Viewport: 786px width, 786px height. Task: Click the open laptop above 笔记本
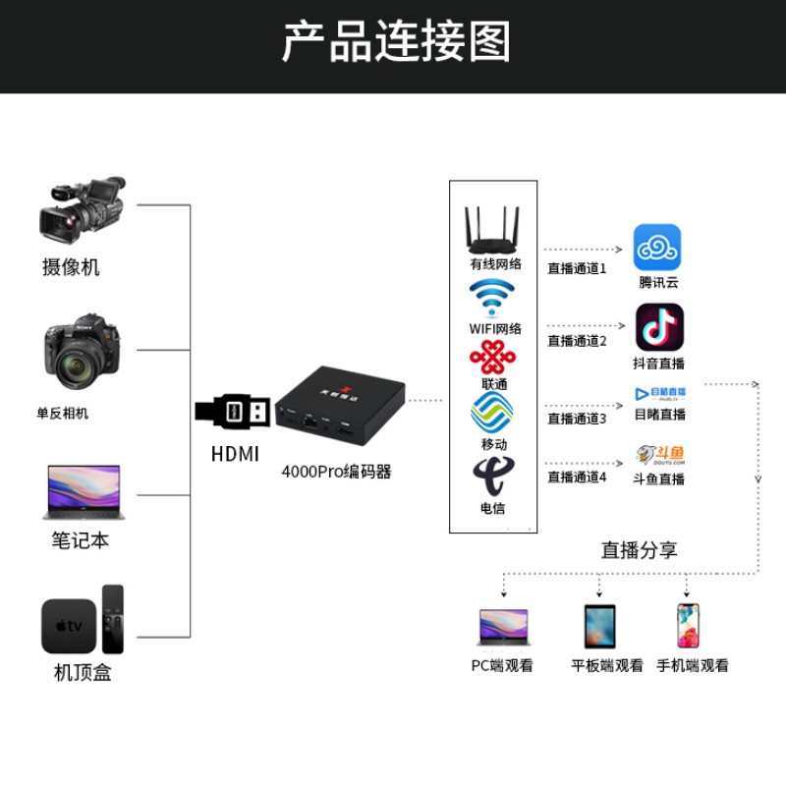click(x=81, y=492)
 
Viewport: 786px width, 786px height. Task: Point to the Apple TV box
click(x=70, y=625)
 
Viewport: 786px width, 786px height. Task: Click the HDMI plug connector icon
click(x=233, y=412)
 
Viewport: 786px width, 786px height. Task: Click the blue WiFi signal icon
click(x=492, y=298)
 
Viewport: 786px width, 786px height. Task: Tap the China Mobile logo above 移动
click(x=492, y=413)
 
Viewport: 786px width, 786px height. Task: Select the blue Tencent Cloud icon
click(x=657, y=247)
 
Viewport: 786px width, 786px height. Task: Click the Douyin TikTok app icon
click(x=659, y=327)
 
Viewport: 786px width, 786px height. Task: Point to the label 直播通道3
click(x=577, y=419)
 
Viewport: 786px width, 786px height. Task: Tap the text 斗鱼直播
click(x=658, y=479)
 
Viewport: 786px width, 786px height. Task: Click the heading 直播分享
click(x=639, y=550)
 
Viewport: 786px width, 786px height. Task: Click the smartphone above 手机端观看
click(x=687, y=626)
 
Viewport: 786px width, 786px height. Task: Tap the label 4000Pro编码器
click(x=336, y=472)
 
